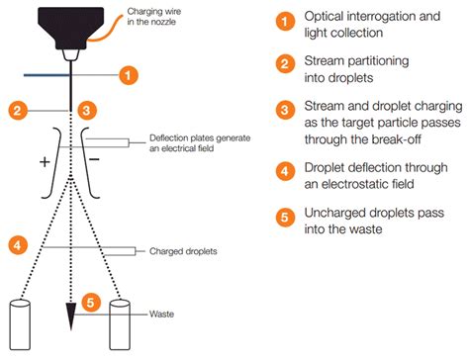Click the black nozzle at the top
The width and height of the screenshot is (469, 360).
click(67, 29)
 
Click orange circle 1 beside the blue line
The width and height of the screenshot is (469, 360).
click(126, 73)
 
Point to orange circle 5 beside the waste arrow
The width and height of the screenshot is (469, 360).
click(90, 301)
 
